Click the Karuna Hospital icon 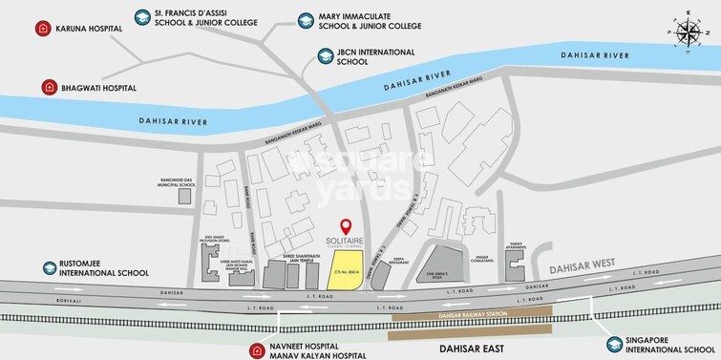(x=42, y=28)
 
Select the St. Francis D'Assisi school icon (x=143, y=18)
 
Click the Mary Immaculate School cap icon (x=306, y=19)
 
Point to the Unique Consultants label (x=483, y=260)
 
